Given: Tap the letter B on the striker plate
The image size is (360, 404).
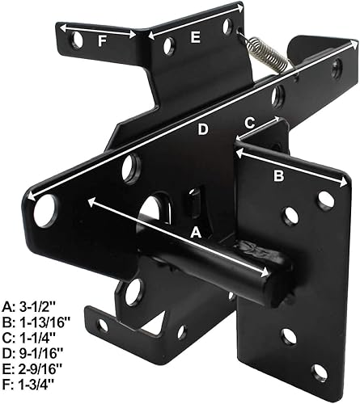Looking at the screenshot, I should [278, 175].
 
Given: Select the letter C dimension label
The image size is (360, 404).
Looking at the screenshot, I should [250, 123].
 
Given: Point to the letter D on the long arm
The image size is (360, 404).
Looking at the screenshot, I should [203, 129].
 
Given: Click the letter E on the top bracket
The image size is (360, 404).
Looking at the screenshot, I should [195, 37].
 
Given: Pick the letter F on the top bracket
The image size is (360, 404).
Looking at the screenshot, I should [100, 38].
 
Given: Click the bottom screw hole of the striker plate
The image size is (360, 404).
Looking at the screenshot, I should [320, 372].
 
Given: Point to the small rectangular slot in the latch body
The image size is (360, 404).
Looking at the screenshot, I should [194, 200].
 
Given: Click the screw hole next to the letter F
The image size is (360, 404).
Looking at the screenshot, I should [76, 39].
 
